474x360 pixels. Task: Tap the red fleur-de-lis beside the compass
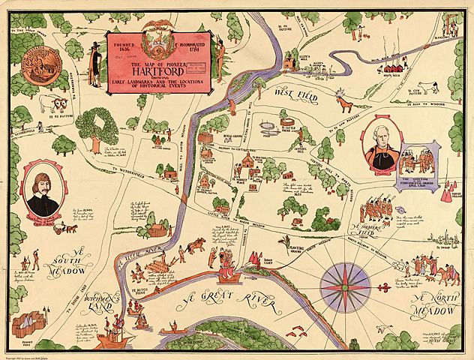[388, 285]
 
